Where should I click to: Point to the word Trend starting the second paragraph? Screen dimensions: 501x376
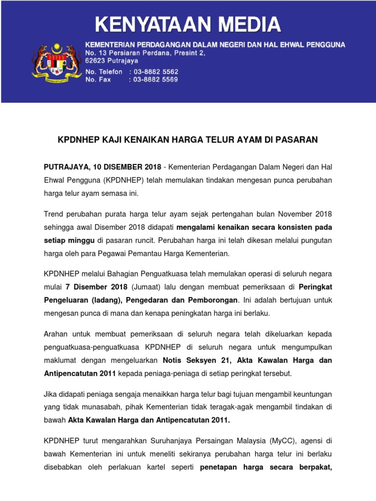point(54,214)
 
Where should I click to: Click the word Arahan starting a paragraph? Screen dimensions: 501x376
point(57,334)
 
